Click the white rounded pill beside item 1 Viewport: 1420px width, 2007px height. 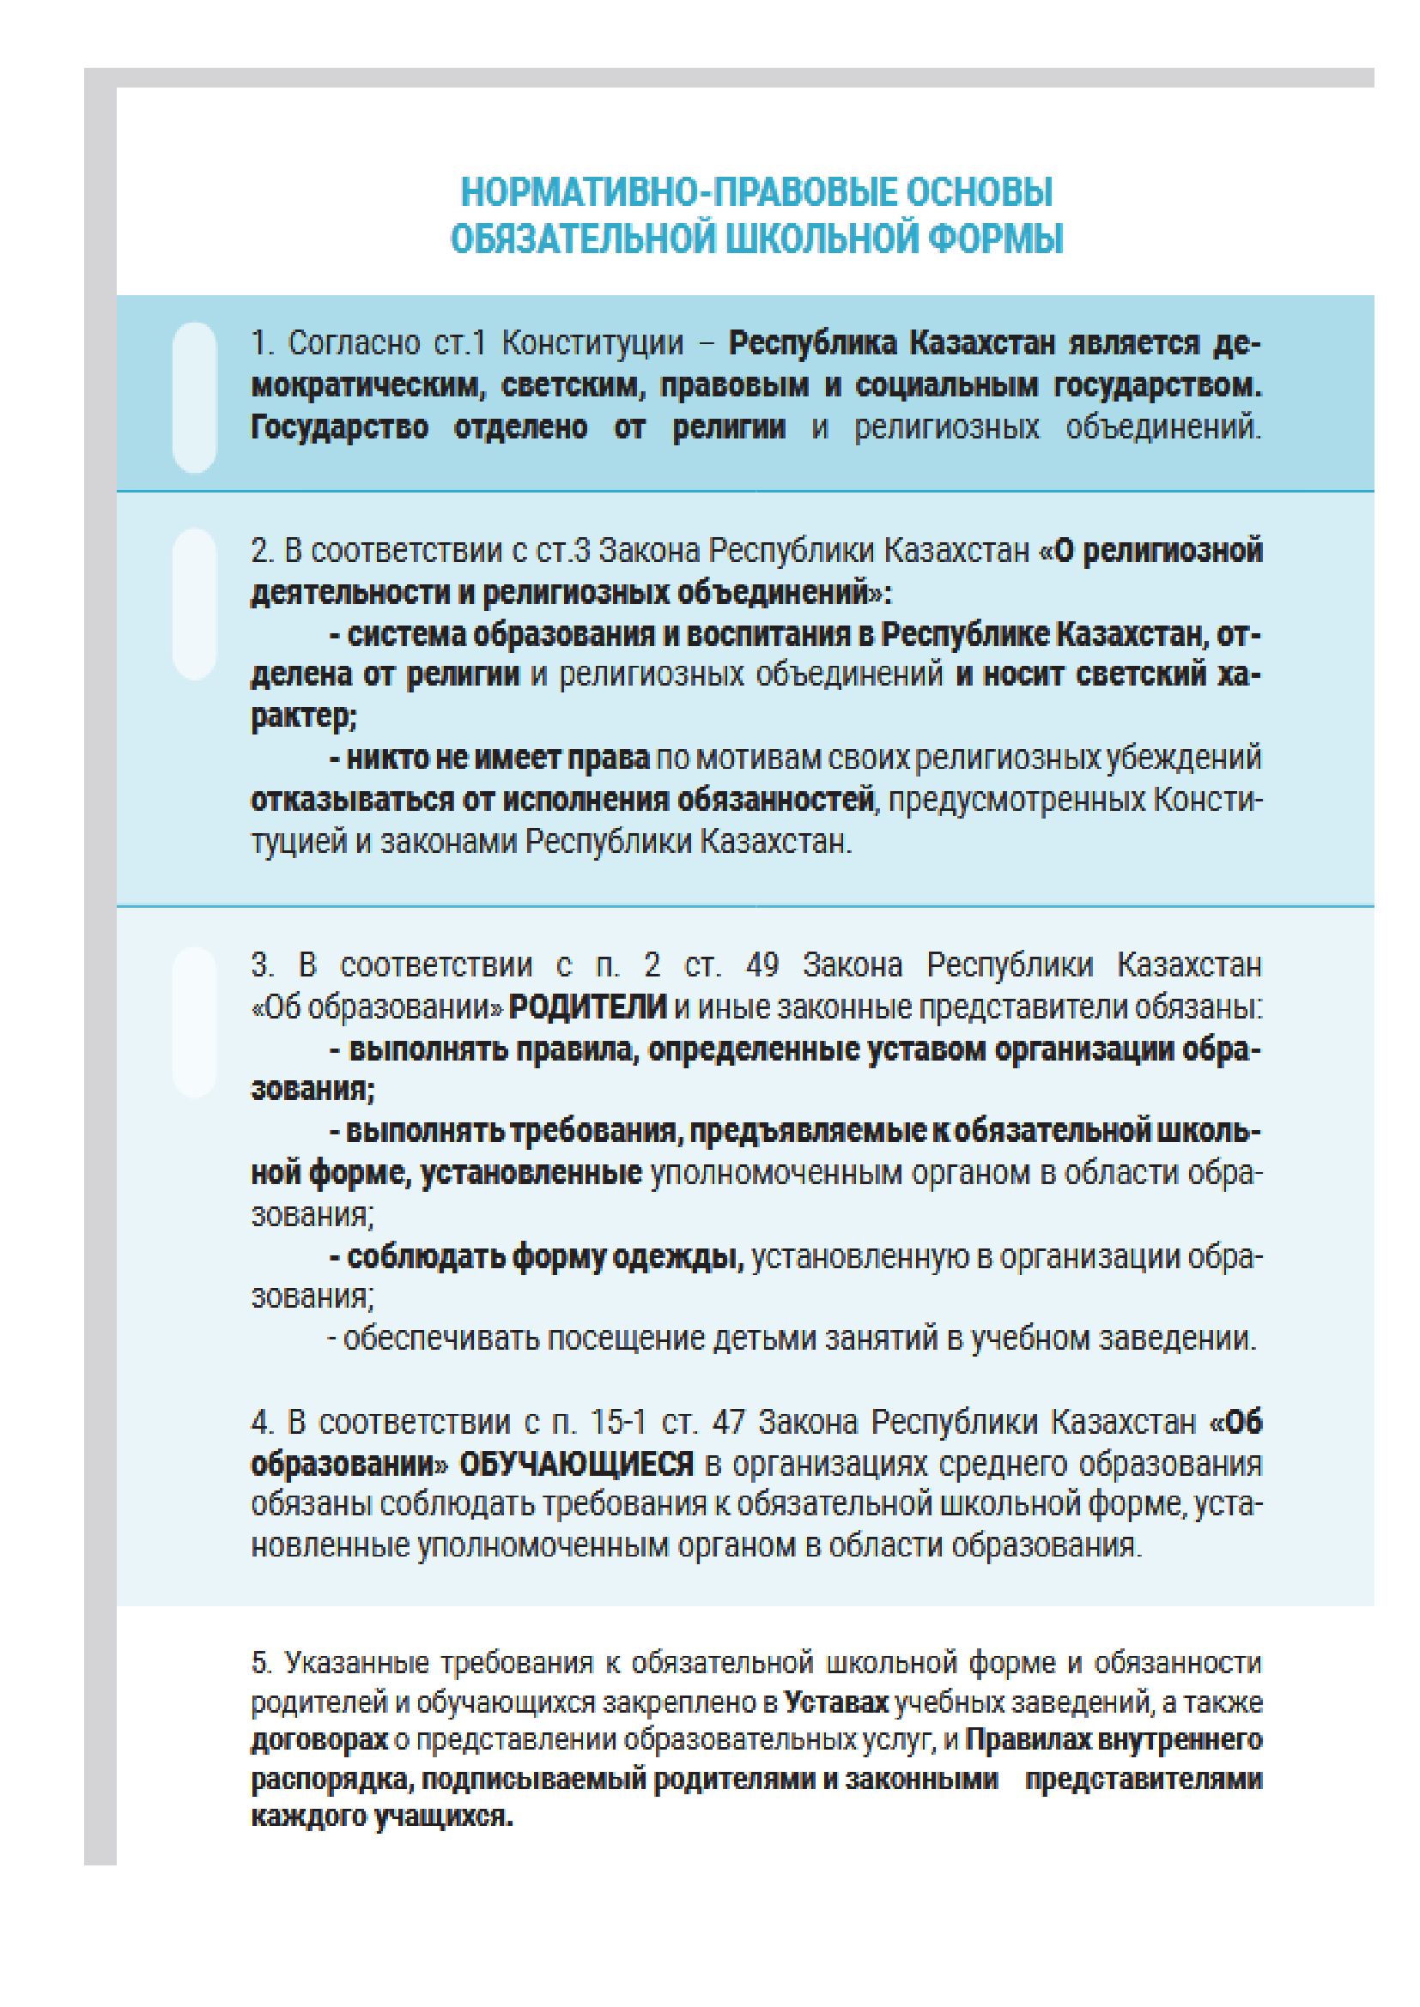[x=194, y=398]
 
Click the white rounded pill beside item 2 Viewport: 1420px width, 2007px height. [x=194, y=604]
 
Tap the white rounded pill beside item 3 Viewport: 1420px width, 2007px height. [x=194, y=1022]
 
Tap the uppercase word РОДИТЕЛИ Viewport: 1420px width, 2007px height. [x=587, y=1007]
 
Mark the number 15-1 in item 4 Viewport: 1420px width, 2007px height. [x=617, y=1423]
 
